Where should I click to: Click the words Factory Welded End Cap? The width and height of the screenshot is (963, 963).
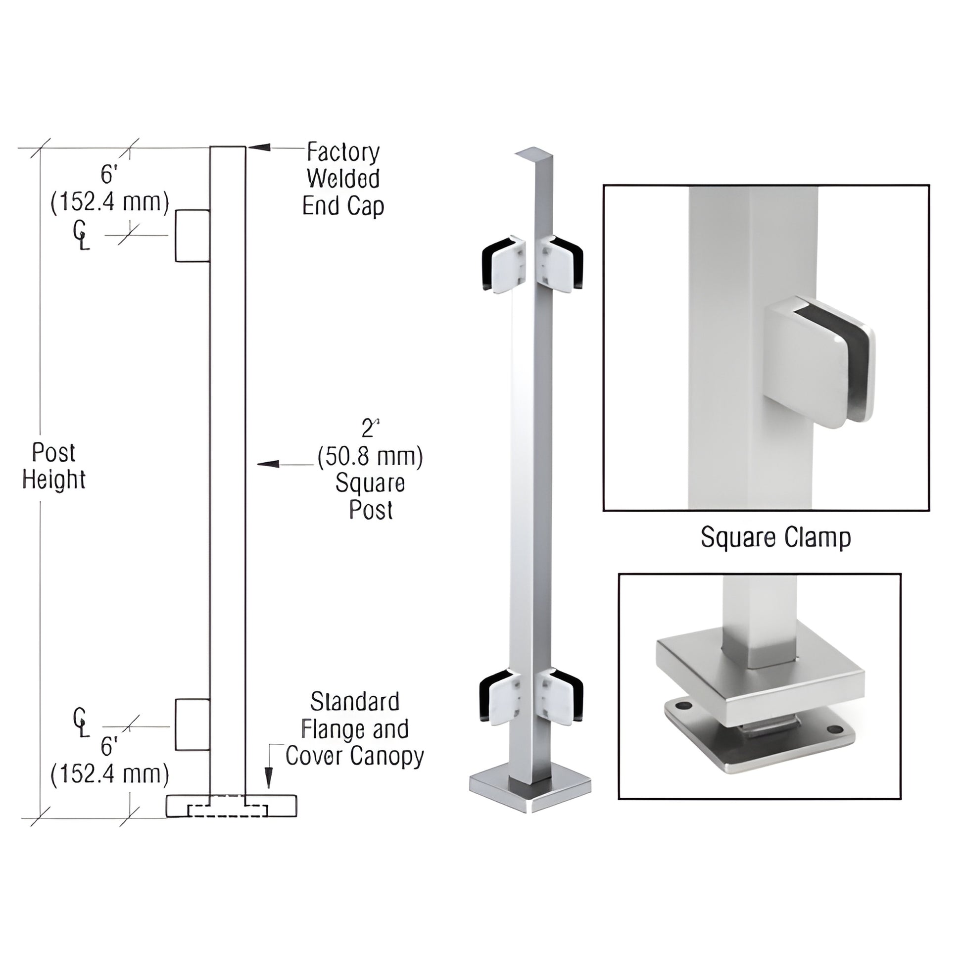343,179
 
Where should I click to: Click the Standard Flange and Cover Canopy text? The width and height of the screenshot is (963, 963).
354,729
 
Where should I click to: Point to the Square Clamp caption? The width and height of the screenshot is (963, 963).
775,538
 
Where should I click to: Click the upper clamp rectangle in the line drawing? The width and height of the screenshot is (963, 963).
192,236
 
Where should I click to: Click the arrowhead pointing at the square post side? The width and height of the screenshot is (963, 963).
268,464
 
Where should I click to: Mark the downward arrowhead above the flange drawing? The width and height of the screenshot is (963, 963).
269,778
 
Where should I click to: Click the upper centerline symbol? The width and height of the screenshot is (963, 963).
81,236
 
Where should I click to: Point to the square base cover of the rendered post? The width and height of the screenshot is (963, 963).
530,793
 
